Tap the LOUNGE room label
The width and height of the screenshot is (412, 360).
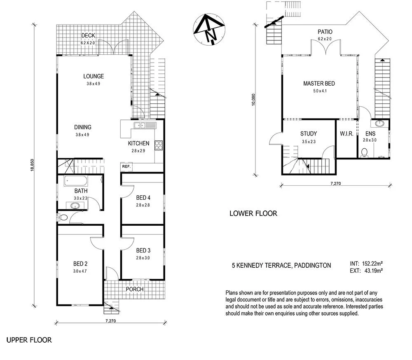point(94,76)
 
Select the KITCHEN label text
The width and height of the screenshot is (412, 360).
point(138,143)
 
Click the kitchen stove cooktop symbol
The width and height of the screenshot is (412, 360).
point(159,145)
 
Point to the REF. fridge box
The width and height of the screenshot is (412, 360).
point(126,166)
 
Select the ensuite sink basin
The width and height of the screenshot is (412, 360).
point(379,123)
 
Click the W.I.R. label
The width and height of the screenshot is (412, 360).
point(346,134)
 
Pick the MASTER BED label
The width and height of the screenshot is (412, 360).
point(319,84)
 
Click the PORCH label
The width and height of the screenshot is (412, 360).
point(135,289)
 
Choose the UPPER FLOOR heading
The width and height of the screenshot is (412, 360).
point(29,340)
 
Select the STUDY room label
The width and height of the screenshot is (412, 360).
point(308,133)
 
